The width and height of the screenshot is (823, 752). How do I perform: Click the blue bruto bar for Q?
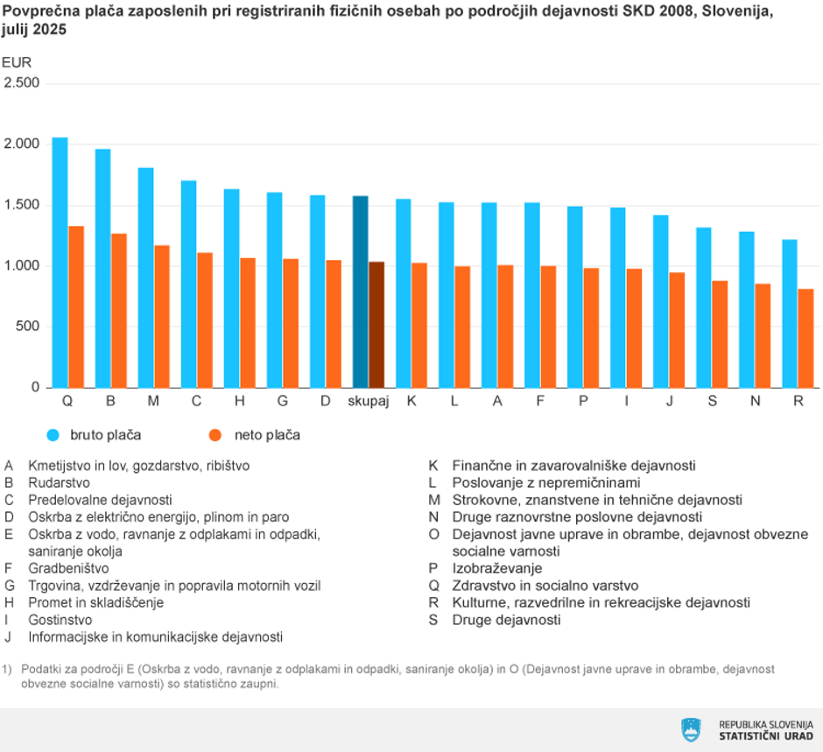(x=60, y=263)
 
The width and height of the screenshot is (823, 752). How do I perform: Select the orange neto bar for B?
(x=119, y=311)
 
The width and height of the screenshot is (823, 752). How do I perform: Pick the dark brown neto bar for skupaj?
(x=376, y=325)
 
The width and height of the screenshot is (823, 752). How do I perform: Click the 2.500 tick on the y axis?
(x=22, y=83)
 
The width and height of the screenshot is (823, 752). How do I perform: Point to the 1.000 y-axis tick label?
(x=22, y=266)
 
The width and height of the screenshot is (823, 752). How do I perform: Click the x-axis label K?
(x=411, y=401)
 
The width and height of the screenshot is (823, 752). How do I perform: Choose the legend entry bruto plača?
(x=105, y=435)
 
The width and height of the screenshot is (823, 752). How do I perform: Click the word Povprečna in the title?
(x=39, y=11)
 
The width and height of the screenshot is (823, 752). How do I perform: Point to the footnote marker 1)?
(x=9, y=668)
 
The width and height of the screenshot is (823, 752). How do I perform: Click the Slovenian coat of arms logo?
(x=691, y=729)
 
